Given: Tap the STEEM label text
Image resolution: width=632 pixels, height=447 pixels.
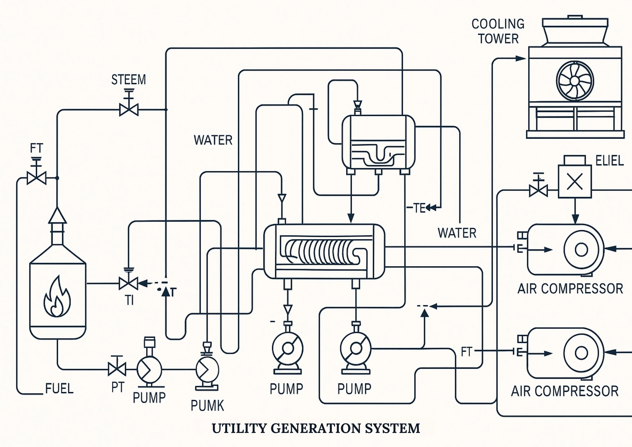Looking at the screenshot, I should [x=128, y=80].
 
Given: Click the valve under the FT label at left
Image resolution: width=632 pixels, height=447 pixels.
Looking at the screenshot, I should [x=36, y=178].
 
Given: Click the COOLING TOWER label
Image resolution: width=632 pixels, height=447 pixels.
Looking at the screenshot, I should [x=498, y=31].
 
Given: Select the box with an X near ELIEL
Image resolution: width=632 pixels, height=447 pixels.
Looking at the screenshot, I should [x=575, y=182].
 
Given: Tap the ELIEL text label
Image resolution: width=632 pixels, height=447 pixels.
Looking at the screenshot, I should [x=609, y=161].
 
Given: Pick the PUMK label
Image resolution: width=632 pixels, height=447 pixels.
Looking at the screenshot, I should [x=207, y=406].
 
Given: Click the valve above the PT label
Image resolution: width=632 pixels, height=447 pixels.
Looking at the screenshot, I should [x=117, y=369].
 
